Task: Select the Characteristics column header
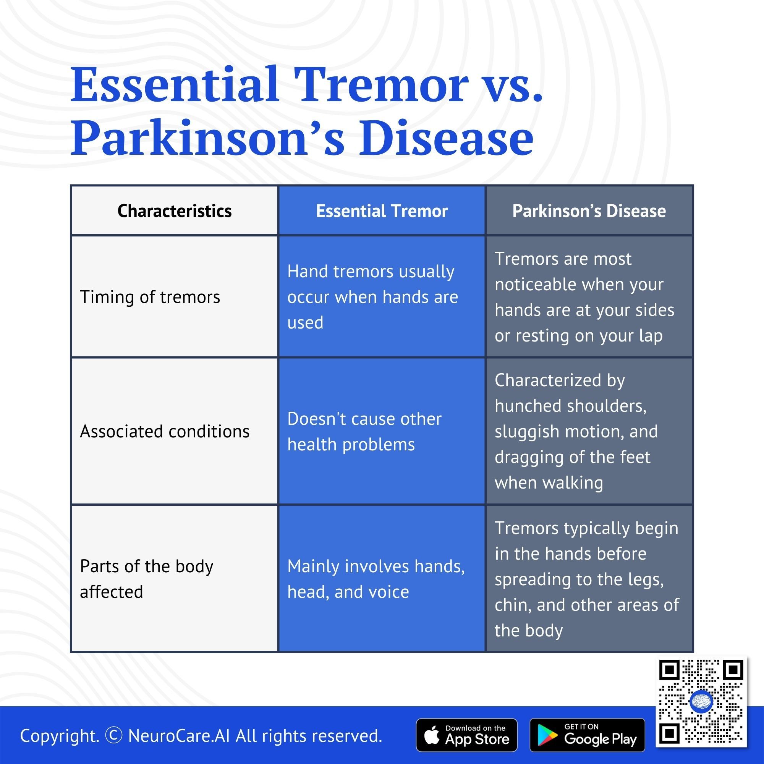pyautogui.click(x=175, y=211)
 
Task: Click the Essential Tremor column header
pyautogui.click(x=382, y=211)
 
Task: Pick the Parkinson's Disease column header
pyautogui.click(x=589, y=211)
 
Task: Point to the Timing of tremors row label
pyautogui.click(x=150, y=296)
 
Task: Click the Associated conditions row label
pyautogui.click(x=165, y=431)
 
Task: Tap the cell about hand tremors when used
pyautogui.click(x=372, y=296)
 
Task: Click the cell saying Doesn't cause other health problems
pyautogui.click(x=364, y=431)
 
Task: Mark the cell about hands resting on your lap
pyautogui.click(x=584, y=296)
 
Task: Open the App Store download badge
pyautogui.click(x=467, y=735)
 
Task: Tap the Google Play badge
pyautogui.click(x=587, y=735)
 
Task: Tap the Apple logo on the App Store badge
pyautogui.click(x=432, y=735)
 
